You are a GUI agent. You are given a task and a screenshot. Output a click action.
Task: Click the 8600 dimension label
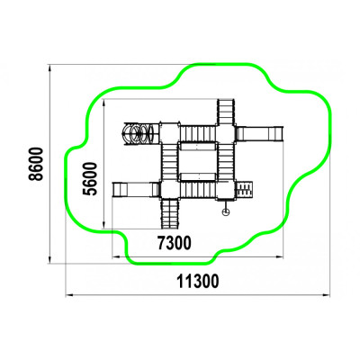point(36,164)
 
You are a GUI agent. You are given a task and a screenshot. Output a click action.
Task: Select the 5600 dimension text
point(90,179)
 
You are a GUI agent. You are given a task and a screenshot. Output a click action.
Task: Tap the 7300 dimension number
point(175,243)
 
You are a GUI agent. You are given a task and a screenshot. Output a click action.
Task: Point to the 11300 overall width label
point(198,281)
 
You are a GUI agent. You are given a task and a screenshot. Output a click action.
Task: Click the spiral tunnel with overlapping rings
point(140,133)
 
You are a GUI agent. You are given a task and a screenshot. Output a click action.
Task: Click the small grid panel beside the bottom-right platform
point(245,190)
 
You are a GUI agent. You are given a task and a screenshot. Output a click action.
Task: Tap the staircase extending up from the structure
point(225,112)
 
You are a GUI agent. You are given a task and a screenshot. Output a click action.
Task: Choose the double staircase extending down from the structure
point(170,213)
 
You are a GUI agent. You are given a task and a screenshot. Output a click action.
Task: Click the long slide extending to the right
point(259,133)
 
